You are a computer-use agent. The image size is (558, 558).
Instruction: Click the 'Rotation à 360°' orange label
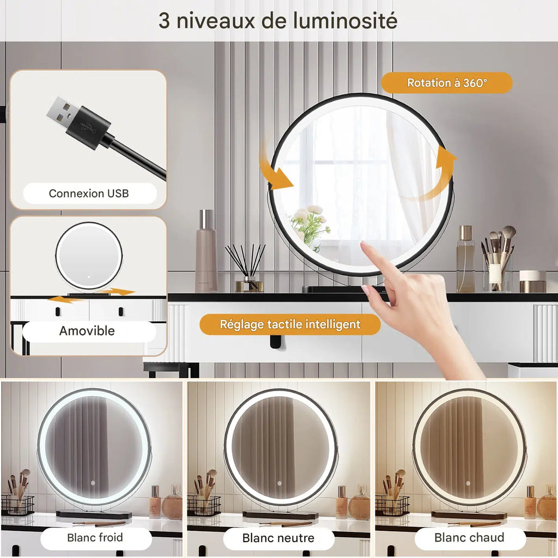coord(447,83)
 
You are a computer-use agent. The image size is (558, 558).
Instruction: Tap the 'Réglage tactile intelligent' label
coord(290,324)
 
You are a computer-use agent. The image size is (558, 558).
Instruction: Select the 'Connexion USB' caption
coord(89,193)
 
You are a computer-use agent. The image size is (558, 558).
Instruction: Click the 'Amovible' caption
coord(87,331)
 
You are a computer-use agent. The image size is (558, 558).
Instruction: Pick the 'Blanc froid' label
coord(95,537)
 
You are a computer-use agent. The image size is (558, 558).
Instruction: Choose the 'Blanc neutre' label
coord(278,538)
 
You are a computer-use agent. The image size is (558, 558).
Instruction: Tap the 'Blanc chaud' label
coord(469,537)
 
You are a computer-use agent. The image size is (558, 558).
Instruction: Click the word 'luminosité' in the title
coord(345,20)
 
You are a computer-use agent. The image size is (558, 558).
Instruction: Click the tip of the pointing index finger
coord(363,244)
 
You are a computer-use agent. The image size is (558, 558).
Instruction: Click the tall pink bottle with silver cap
coord(207,251)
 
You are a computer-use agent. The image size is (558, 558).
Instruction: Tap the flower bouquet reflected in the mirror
coord(309,224)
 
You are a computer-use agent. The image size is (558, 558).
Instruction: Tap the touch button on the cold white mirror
coord(93,483)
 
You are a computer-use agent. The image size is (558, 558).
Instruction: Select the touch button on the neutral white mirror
coord(280,484)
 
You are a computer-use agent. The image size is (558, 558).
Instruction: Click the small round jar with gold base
coord(532,282)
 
